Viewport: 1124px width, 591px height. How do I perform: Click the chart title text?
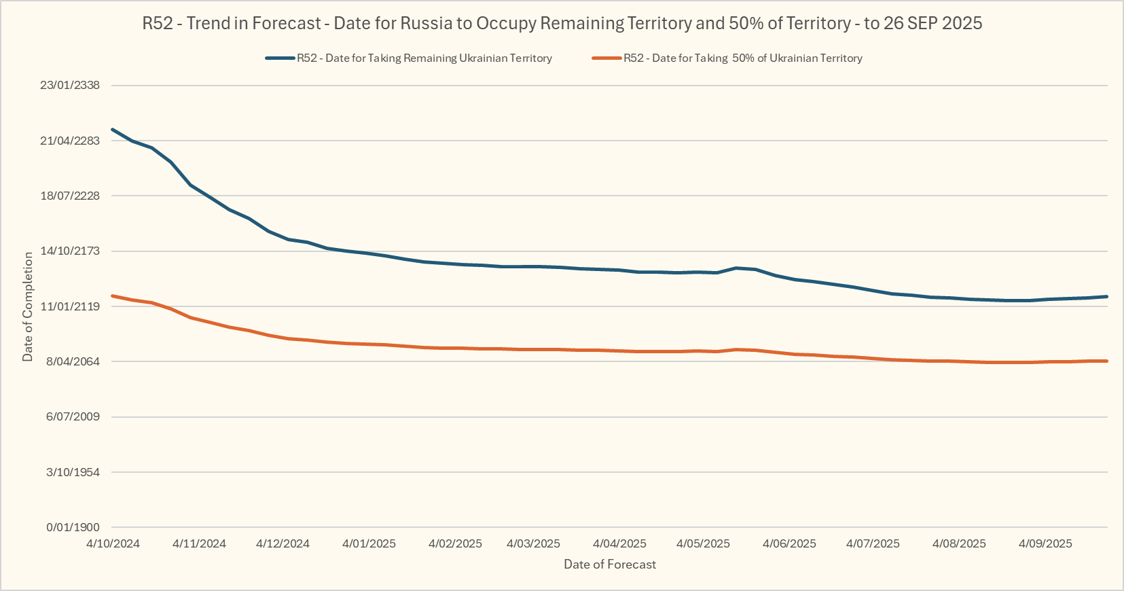[562, 23]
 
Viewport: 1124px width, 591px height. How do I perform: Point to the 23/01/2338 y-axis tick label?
[70, 86]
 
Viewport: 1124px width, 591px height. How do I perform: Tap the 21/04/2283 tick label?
[70, 141]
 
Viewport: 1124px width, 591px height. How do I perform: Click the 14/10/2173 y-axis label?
[70, 251]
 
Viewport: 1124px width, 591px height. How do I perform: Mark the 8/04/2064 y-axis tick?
[73, 361]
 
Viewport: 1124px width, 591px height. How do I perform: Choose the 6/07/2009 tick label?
[73, 416]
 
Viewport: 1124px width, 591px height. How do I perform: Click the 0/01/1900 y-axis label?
[73, 527]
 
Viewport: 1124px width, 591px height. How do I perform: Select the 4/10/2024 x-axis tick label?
[113, 543]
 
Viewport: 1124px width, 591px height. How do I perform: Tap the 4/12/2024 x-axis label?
[283, 543]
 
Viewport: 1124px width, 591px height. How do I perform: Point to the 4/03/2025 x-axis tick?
[534, 543]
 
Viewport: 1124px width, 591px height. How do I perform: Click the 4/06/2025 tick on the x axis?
[789, 543]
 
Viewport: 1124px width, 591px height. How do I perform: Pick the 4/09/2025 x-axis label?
[1045, 543]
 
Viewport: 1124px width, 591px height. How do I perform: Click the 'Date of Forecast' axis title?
[610, 565]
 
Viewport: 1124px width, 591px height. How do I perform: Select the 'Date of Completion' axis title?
[28, 306]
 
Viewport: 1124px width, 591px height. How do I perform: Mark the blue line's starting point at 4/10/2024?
[113, 129]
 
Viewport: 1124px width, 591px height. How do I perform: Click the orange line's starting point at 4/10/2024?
[113, 296]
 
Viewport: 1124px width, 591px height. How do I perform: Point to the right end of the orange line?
[1106, 361]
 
